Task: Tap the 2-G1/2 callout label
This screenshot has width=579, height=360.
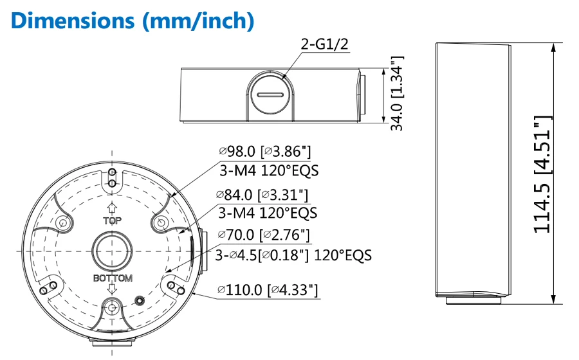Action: pyautogui.click(x=325, y=44)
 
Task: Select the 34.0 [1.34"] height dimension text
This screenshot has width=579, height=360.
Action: pyautogui.click(x=397, y=93)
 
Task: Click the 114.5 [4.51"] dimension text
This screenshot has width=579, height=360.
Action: pyautogui.click(x=543, y=174)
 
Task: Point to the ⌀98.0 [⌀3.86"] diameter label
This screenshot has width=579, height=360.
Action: pyautogui.click(x=265, y=151)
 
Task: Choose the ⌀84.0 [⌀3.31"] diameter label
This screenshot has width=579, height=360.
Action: pyautogui.click(x=262, y=195)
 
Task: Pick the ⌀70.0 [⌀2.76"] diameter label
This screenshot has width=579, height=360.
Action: pyautogui.click(x=264, y=235)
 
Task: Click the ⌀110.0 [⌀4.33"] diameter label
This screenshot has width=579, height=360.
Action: pyautogui.click(x=268, y=289)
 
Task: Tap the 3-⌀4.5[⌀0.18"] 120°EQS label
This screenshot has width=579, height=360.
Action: pyautogui.click(x=293, y=255)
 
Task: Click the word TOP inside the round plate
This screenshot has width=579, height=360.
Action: pyautogui.click(x=112, y=221)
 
